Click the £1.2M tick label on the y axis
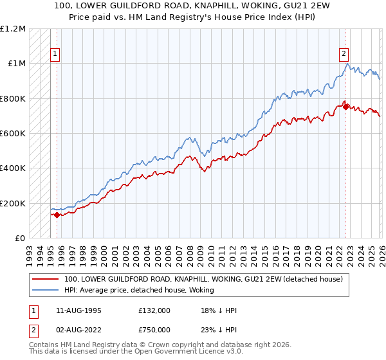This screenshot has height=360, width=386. (13, 29)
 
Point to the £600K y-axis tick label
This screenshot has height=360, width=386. (13, 134)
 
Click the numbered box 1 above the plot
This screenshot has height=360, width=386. (56, 55)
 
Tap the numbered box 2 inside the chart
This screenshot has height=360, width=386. (345, 55)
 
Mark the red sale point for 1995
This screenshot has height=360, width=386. (57, 215)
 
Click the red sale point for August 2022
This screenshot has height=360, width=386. (345, 107)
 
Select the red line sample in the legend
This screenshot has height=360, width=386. (46, 280)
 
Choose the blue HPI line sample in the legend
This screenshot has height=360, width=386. (46, 291)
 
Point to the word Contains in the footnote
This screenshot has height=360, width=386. (44, 346)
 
